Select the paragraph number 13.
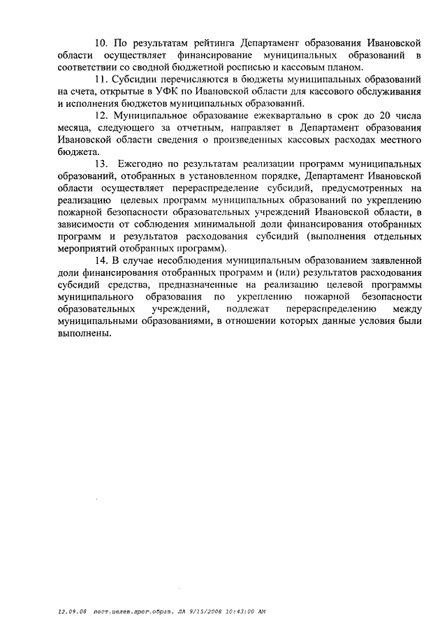pos(101,163)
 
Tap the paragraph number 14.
pos(101,260)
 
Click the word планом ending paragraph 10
pos(344,67)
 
